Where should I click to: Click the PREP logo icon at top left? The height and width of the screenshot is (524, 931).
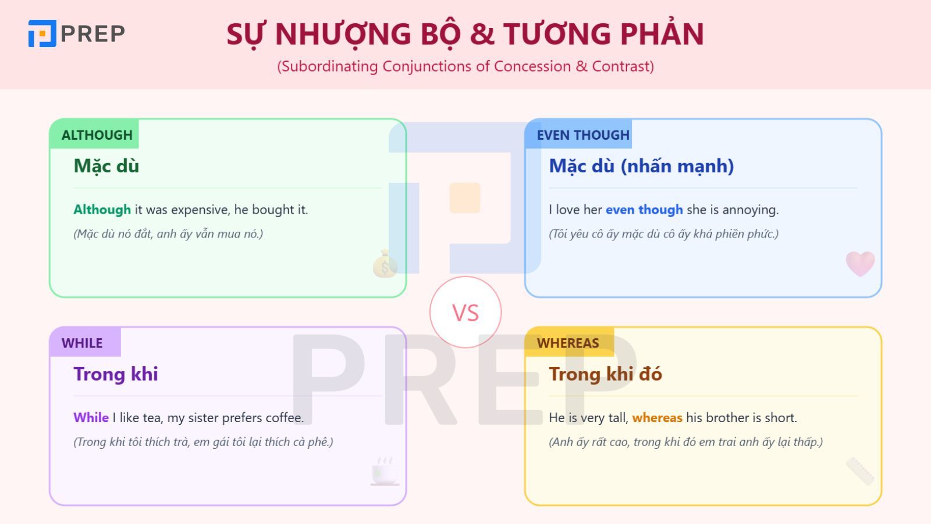tap(42, 33)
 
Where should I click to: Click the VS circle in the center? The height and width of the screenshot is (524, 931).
tap(465, 313)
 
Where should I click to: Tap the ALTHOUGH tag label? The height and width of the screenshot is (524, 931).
tap(97, 135)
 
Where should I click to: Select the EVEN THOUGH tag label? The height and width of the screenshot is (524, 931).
tap(583, 135)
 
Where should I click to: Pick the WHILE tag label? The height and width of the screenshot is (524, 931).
tap(82, 343)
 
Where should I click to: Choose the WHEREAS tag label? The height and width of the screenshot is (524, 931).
tap(568, 343)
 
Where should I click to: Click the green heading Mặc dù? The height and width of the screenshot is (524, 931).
tap(106, 167)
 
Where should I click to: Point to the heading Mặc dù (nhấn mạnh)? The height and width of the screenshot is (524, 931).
tap(641, 167)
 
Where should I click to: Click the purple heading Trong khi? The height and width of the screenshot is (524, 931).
tap(116, 374)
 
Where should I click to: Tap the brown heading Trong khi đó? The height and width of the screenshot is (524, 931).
tap(605, 374)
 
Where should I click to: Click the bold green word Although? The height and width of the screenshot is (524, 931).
tap(102, 210)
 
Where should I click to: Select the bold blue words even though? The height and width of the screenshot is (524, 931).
tap(644, 210)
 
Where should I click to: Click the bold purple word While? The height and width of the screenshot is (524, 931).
tap(91, 417)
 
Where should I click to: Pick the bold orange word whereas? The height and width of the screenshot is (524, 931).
tap(657, 417)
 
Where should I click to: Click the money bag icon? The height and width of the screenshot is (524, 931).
tap(385, 264)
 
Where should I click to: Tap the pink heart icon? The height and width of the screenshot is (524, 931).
tap(860, 263)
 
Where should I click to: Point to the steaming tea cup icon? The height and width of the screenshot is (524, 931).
tap(385, 471)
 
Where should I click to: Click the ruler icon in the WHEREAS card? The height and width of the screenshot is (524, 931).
tap(860, 471)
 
